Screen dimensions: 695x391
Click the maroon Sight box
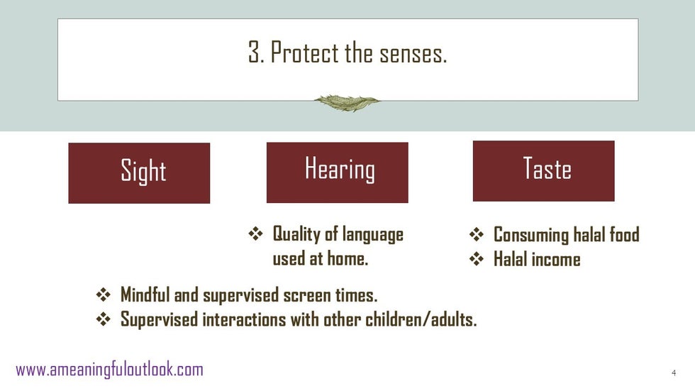(139, 173)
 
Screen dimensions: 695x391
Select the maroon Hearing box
(338, 172)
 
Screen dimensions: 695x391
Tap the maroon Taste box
(544, 171)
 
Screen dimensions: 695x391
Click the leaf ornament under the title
(347, 103)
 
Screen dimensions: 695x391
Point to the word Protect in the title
(305, 53)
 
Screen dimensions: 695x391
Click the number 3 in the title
(254, 53)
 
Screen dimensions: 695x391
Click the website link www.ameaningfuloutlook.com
(109, 369)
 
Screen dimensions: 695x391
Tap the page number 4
(674, 373)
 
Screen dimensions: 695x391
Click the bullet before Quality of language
(255, 233)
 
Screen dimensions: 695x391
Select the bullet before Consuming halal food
(477, 234)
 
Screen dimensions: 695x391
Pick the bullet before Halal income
(477, 259)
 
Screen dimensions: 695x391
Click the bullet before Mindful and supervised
(104, 294)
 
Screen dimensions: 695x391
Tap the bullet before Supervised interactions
(104, 319)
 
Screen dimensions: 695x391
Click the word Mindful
(145, 294)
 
